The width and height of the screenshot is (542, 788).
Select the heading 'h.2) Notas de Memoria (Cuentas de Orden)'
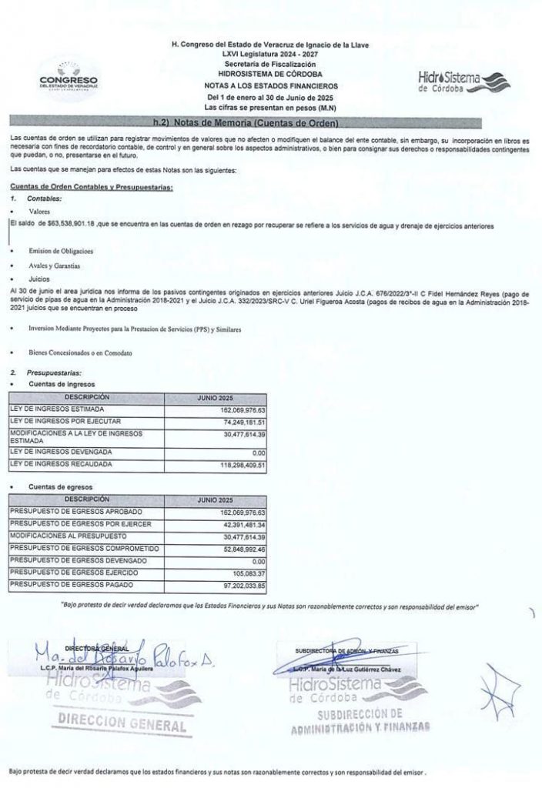pyautogui.click(x=246, y=123)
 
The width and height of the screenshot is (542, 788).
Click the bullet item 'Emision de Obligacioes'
pyautogui.click(x=61, y=252)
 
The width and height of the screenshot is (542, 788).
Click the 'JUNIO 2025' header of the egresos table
pyautogui.click(x=215, y=499)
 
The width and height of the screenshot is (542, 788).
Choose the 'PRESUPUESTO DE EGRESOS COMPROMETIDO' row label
pyautogui.click(x=84, y=548)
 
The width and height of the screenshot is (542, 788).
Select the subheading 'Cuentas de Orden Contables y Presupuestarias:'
pyautogui.click(x=91, y=188)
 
